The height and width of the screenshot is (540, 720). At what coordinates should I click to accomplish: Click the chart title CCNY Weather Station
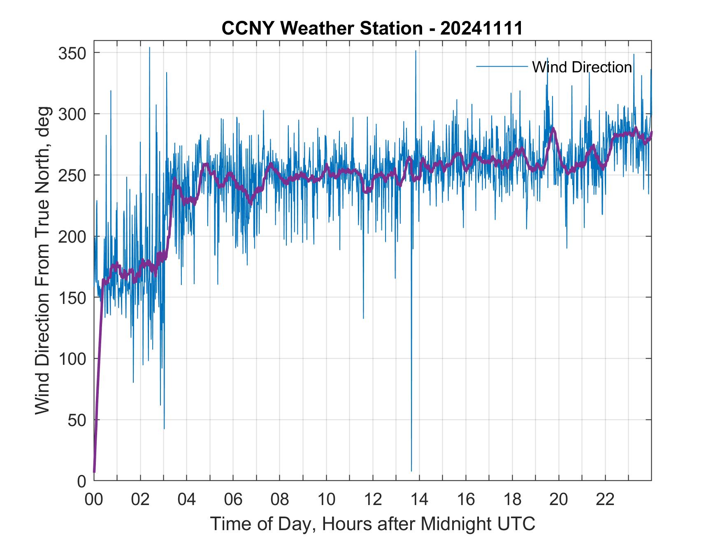coord(372,28)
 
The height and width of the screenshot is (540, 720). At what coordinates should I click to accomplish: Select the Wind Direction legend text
coord(582,67)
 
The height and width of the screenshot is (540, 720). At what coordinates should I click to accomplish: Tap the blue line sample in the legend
coord(502,67)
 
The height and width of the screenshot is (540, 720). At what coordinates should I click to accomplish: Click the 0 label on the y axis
coord(82,481)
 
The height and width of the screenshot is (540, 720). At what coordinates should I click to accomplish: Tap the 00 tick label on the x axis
coord(94,500)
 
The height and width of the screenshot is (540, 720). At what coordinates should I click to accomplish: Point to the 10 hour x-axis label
coord(326,500)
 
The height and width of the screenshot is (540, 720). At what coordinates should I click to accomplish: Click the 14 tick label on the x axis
coord(419,500)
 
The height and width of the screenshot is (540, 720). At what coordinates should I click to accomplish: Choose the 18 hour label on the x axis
coord(512,500)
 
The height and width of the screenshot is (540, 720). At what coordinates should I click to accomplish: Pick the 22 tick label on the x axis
coord(605,500)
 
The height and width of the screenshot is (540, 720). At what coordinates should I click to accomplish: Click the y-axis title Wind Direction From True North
coord(42,260)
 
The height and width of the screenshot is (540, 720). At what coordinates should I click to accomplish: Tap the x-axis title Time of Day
coord(372,524)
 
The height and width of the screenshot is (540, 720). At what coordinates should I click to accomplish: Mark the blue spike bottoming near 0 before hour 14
coord(411,470)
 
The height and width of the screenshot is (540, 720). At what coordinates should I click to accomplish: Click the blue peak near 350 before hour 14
coord(416,51)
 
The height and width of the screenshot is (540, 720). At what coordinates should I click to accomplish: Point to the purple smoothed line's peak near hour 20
coord(553,128)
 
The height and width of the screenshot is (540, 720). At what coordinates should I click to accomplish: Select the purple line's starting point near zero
coord(94,471)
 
